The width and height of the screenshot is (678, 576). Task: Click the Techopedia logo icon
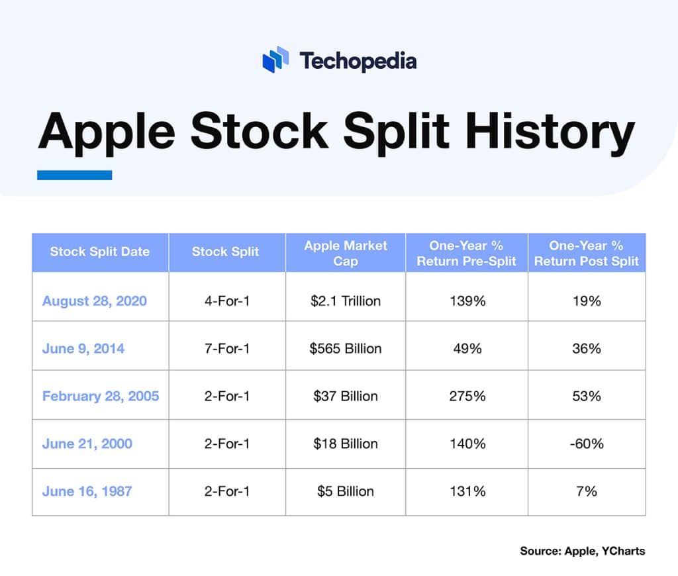(x=275, y=60)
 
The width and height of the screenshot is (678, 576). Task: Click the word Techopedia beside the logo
(x=358, y=61)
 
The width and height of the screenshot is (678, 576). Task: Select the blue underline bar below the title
(x=74, y=175)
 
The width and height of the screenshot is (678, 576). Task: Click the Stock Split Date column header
(x=100, y=252)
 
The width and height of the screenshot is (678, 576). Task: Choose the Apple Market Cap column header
(x=345, y=253)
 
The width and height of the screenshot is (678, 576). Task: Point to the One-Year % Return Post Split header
(x=586, y=253)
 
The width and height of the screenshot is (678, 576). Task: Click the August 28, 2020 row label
(x=95, y=301)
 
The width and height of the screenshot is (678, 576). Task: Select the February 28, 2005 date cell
(x=101, y=396)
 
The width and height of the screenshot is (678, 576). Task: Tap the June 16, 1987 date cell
(x=87, y=491)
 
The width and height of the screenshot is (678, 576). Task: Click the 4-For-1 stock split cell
(x=227, y=301)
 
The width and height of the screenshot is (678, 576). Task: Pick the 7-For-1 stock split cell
(x=227, y=348)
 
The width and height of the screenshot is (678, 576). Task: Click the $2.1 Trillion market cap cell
(x=345, y=301)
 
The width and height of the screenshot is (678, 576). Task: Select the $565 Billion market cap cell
(x=345, y=348)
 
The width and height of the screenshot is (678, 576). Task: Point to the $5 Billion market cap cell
(x=345, y=491)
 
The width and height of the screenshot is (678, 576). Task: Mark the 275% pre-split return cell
(x=466, y=396)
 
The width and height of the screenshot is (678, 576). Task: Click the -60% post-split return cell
(x=586, y=444)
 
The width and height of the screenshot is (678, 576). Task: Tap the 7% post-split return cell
(x=586, y=491)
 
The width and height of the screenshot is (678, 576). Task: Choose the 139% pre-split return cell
(x=466, y=301)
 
